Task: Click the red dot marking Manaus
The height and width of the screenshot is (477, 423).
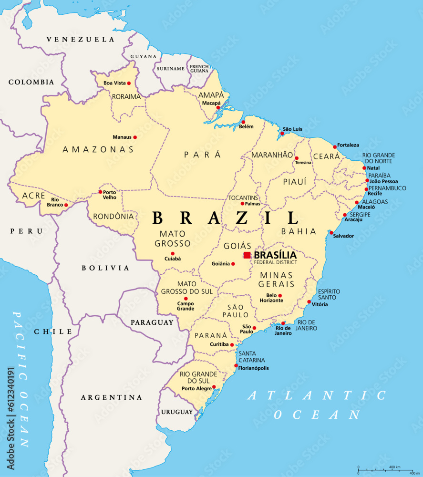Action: pyautogui.click(x=135, y=137)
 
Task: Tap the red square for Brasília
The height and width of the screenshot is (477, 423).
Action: pyautogui.click(x=247, y=255)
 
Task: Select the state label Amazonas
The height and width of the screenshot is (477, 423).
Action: pyautogui.click(x=98, y=150)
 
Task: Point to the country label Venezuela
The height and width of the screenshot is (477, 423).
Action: pyautogui.click(x=81, y=40)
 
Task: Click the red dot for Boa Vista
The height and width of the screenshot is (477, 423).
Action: pyautogui.click(x=129, y=83)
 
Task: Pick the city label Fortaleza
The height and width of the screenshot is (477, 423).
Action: pyautogui.click(x=348, y=145)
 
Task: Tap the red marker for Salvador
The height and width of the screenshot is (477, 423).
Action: pyautogui.click(x=331, y=233)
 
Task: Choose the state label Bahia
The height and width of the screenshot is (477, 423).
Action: pyautogui.click(x=299, y=231)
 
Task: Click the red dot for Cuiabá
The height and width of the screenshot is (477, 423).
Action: pyautogui.click(x=173, y=254)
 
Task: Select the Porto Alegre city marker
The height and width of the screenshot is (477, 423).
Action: pyautogui.click(x=214, y=387)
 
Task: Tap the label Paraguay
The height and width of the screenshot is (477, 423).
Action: pyautogui.click(x=152, y=322)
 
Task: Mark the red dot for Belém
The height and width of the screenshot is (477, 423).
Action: pyautogui.click(x=243, y=122)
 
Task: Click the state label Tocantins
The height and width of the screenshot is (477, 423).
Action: pyautogui.click(x=243, y=198)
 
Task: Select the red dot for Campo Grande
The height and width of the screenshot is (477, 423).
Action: pyautogui.click(x=186, y=299)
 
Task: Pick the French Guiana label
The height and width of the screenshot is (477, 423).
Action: pyautogui.click(x=199, y=69)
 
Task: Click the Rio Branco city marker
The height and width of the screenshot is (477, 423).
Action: pyautogui.click(x=66, y=205)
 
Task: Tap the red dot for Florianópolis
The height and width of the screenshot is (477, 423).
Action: pyautogui.click(x=236, y=366)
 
